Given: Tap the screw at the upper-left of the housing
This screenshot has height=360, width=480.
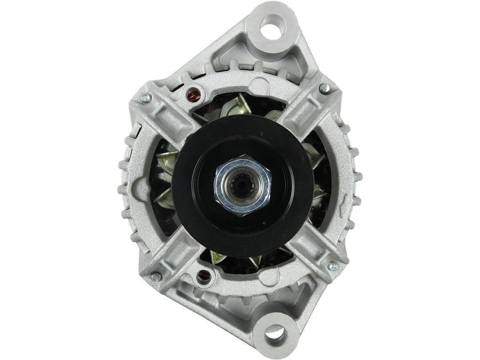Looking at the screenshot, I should point(144,98).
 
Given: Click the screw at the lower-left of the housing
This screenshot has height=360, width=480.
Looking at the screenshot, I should point(155,277).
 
